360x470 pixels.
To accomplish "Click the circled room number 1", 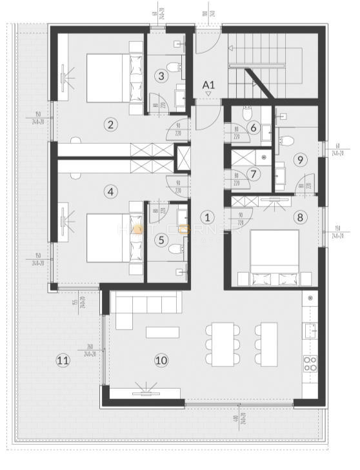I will pos(207,217).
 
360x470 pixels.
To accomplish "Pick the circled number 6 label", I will pos(254,128).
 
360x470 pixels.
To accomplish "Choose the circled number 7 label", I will pos(254,174).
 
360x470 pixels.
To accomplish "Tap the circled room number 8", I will pos(299,217).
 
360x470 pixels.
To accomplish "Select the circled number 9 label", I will pos(299,159).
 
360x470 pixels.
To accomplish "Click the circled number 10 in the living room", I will pos(161,360).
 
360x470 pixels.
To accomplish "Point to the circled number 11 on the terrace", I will pos(62,360).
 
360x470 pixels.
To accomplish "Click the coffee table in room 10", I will pos(162,333).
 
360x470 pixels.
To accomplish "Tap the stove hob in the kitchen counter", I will pos(310,364).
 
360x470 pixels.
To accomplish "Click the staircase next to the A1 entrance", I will pos(258,64).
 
